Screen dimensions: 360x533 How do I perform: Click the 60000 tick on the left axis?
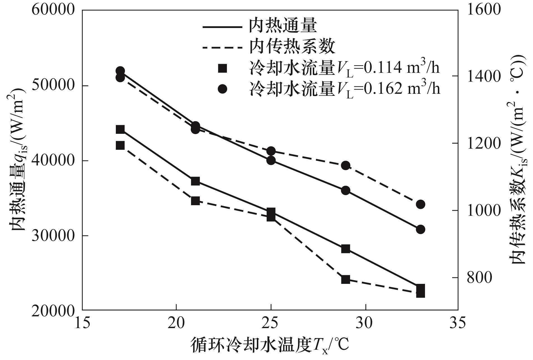(x=50, y=10)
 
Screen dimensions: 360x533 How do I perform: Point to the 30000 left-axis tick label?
(x=50, y=236)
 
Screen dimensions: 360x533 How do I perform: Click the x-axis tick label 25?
(x=271, y=323)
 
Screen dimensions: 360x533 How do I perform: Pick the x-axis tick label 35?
(x=458, y=323)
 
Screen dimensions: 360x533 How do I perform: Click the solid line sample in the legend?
(x=222, y=27)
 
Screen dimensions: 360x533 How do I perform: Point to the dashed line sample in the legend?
(x=222, y=48)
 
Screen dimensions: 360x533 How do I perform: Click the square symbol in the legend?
(x=223, y=68)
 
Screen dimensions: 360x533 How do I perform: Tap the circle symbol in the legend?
(x=223, y=89)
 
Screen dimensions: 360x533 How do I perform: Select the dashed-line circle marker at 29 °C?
(x=346, y=165)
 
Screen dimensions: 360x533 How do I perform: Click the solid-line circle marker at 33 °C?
(x=421, y=230)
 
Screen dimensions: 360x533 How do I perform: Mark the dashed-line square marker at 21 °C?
(x=195, y=201)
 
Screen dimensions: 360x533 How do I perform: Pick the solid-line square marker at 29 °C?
(x=346, y=249)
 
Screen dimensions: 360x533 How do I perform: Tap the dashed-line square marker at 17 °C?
(x=120, y=145)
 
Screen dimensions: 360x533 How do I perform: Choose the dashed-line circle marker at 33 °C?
(x=421, y=204)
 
